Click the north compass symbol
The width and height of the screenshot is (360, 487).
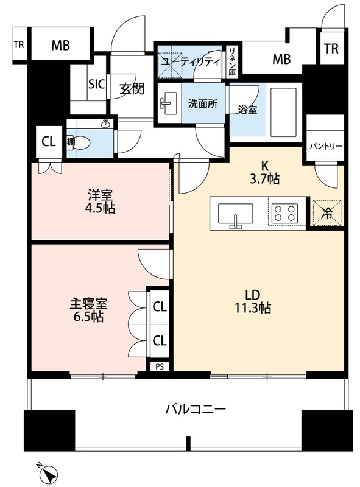[49, 471]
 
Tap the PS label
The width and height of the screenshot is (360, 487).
[160, 366]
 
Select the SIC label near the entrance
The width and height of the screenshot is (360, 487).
[97, 85]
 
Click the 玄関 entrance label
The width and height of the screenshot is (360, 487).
[130, 89]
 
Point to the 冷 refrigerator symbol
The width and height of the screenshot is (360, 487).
[327, 214]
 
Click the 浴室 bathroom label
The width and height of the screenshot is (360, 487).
[247, 110]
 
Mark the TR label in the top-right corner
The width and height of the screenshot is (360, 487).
[331, 49]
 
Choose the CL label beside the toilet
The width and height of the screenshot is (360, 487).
[48, 141]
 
